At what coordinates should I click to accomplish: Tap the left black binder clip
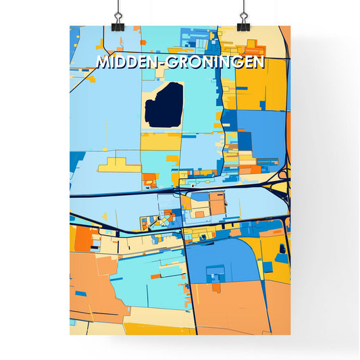tap(118, 16)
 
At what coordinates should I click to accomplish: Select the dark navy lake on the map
tap(163, 105)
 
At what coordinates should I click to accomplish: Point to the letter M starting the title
tap(103, 63)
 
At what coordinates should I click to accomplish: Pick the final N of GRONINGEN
tap(259, 63)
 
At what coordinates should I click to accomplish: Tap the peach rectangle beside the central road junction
tap(217, 203)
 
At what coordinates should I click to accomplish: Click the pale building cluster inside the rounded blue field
tap(215, 276)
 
